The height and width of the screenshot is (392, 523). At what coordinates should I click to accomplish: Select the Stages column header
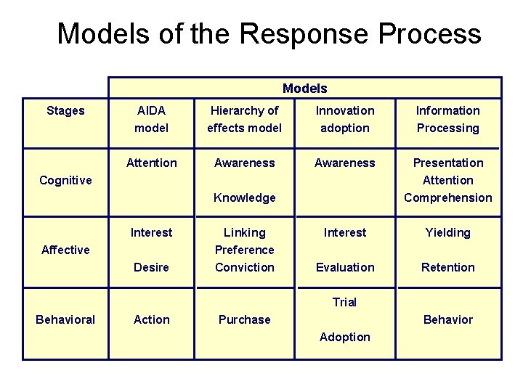pos(65,111)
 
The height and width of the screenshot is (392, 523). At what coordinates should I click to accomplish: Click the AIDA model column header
pos(151,119)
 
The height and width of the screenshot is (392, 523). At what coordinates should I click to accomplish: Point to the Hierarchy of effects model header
pos(245,119)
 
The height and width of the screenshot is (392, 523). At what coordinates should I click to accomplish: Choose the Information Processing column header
pos(447,119)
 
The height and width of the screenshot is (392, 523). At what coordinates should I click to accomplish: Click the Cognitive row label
pos(65,180)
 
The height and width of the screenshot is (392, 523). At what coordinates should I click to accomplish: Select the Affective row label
pos(65,250)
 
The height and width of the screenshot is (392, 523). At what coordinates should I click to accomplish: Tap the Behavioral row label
pos(65,319)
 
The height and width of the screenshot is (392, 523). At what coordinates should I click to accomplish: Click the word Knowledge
pos(245,197)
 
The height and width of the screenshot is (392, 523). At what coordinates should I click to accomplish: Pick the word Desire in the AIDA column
pos(151,267)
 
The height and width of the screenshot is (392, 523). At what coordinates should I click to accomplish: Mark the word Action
pos(151,319)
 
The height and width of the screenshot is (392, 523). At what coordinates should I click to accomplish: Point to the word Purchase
pos(245,319)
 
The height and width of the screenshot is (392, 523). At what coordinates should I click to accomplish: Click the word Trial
pos(344,302)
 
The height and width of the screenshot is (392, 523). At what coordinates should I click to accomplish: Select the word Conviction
pos(245,267)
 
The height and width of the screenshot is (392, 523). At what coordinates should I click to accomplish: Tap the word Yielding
pos(447,232)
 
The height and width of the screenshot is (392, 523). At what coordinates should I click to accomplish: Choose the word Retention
pos(447,267)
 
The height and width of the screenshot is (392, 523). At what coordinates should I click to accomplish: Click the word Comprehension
pos(447,197)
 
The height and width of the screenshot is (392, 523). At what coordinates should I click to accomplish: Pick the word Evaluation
pos(344,267)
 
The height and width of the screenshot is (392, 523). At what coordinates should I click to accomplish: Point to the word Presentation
pos(447,163)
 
